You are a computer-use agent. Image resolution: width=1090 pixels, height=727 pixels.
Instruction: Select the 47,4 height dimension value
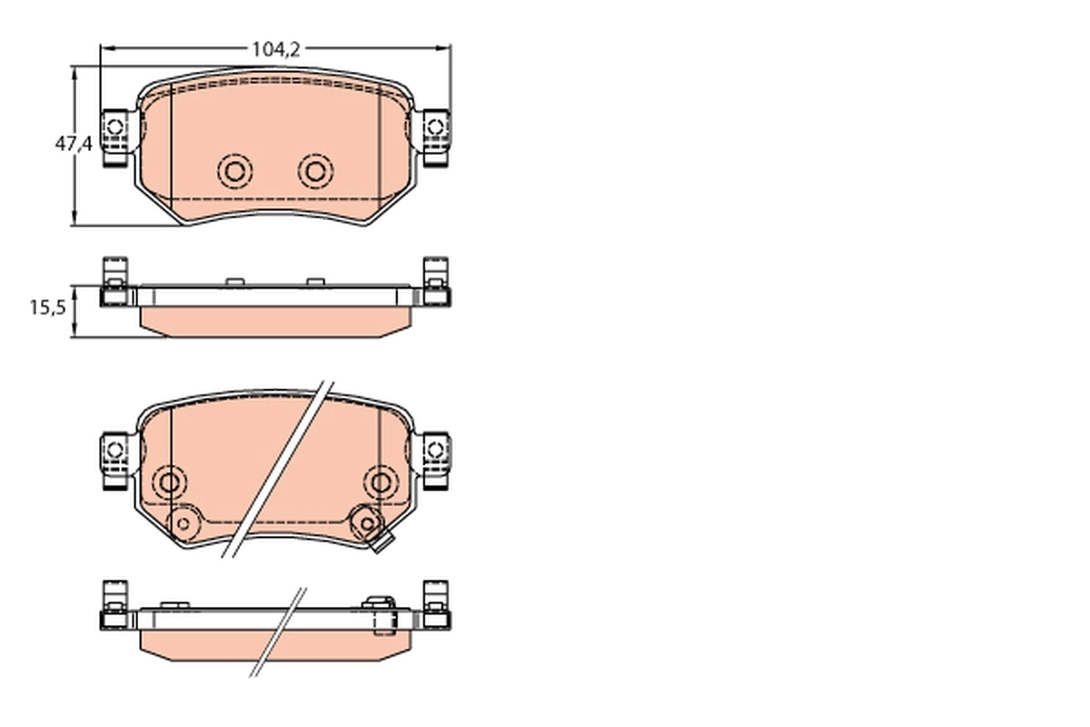coord(74,144)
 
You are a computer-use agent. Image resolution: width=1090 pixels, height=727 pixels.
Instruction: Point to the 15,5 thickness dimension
coord(47,308)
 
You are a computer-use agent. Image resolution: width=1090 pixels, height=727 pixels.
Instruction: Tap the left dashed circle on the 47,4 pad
coord(235,171)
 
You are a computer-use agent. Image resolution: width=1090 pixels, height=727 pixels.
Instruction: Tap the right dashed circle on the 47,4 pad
coord(315,171)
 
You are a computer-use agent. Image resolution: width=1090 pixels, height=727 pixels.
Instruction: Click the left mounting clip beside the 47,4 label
coord(114,137)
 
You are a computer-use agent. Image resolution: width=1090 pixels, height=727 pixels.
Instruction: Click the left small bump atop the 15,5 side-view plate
coord(234,282)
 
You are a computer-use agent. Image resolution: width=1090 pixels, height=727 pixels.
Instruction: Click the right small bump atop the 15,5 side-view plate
coord(315,282)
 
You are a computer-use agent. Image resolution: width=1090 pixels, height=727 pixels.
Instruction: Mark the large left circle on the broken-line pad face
coord(170,482)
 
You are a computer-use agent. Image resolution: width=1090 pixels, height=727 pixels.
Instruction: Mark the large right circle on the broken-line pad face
coord(381,482)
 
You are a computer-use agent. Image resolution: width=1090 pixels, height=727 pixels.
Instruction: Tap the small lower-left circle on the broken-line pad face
coord(183,523)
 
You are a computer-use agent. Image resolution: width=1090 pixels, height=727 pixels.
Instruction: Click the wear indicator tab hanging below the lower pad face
coord(382,544)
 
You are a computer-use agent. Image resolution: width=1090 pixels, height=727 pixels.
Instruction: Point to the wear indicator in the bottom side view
coord(381,613)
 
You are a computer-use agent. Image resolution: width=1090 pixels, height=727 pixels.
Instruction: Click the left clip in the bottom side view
coord(114,607)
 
